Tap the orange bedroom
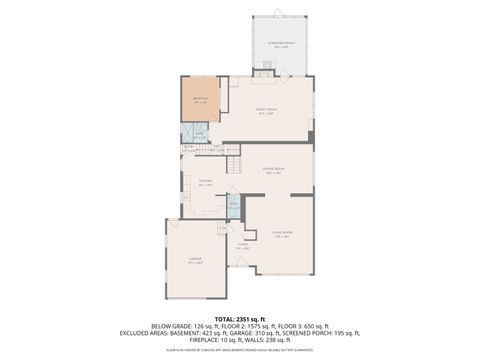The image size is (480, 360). (200, 100)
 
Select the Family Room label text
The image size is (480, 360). (266, 112)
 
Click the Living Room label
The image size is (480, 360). (281, 233)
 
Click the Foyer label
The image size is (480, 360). (242, 245)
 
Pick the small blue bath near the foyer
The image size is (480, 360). (233, 207)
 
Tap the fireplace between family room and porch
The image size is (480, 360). (263, 74)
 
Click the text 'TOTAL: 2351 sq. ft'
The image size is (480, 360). (240, 317)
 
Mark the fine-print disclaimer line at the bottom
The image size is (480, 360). (240, 351)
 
